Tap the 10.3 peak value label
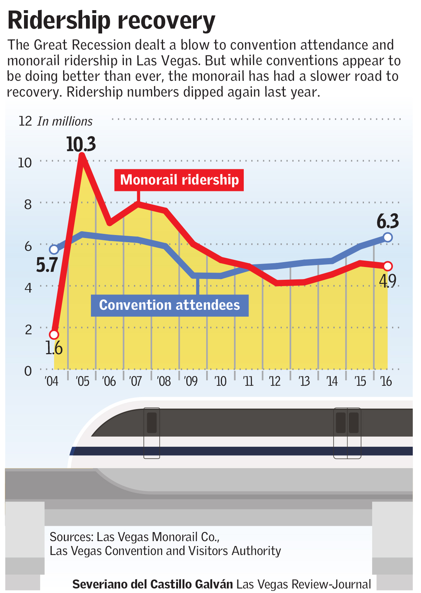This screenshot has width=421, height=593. click(81, 144)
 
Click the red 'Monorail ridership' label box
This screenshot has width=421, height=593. click(179, 180)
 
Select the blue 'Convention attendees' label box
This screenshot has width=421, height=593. click(169, 305)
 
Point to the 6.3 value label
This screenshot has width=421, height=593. click(388, 221)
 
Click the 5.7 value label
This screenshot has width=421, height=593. click(47, 265)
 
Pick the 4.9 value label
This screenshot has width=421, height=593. click(388, 281)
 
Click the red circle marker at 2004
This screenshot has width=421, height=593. click(54, 334)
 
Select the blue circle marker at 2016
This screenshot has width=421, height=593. click(388, 237)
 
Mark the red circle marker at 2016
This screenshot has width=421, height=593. click(388, 266)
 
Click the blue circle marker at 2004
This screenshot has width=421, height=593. click(54, 249)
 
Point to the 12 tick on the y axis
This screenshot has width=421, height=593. click(25, 121)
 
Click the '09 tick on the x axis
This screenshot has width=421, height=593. click(191, 381)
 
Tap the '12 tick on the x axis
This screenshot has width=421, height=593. click(275, 381)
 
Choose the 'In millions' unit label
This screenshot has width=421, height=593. click(65, 121)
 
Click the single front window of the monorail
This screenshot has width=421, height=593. click(152, 423)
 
